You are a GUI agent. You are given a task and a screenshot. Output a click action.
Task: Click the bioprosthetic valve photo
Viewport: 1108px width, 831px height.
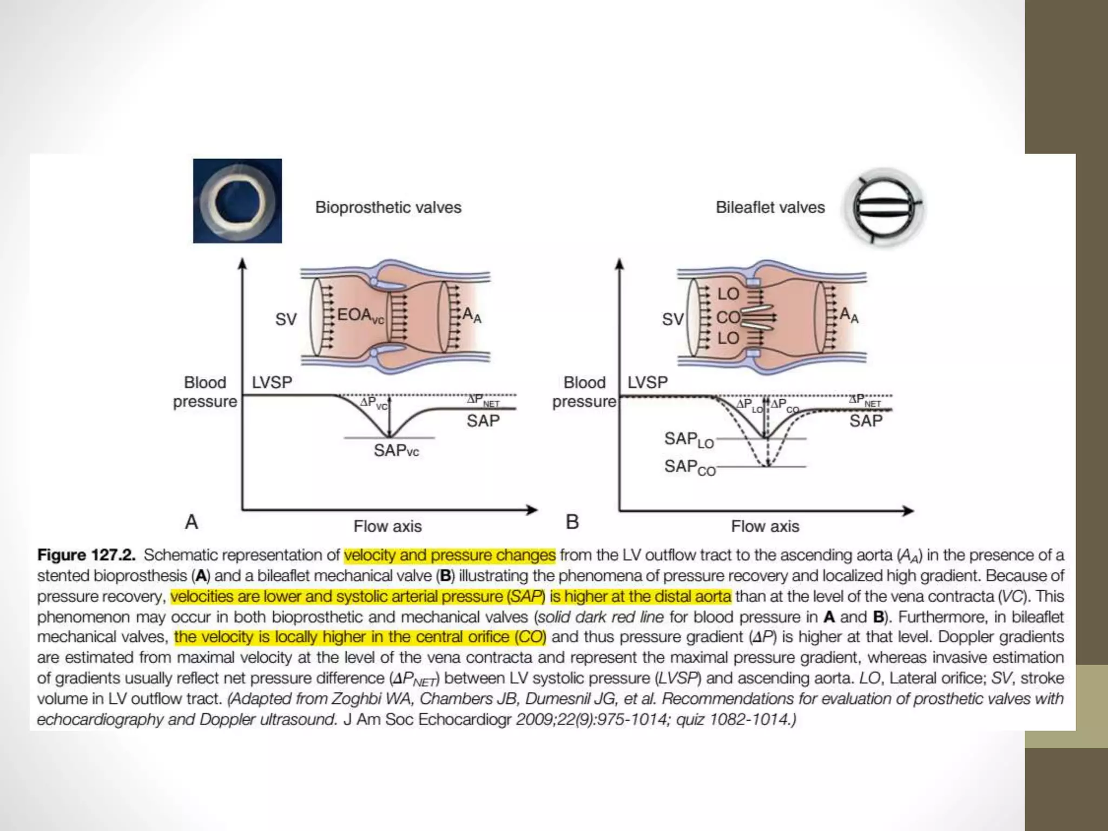(x=237, y=201)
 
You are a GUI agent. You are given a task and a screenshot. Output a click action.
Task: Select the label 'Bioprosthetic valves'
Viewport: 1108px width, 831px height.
(x=388, y=207)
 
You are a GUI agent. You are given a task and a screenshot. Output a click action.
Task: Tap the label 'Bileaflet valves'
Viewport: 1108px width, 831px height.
(x=770, y=207)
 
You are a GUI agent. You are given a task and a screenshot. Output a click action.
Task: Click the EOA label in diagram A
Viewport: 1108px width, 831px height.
(x=359, y=315)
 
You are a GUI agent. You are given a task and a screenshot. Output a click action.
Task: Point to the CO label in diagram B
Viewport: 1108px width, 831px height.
(x=728, y=317)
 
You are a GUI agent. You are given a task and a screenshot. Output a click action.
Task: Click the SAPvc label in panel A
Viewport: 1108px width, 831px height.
(x=396, y=450)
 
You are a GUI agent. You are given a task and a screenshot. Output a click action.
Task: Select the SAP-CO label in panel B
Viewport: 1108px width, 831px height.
(x=690, y=467)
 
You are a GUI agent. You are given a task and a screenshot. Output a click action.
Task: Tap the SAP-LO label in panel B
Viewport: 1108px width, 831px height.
(x=689, y=439)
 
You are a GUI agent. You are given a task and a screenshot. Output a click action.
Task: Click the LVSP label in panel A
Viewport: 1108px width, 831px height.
(x=272, y=382)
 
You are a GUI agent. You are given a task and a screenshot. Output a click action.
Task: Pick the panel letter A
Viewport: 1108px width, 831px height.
(x=192, y=522)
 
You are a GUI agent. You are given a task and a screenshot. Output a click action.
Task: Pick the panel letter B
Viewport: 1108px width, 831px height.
(x=572, y=522)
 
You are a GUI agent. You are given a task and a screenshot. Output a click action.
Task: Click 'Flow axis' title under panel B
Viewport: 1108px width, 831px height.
(x=765, y=526)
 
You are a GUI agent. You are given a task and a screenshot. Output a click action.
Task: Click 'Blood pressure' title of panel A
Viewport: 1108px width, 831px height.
(x=205, y=392)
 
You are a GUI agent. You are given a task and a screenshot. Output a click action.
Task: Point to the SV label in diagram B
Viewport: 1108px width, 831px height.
(x=672, y=319)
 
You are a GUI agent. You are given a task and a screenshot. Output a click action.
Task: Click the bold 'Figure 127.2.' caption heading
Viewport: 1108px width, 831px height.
(x=86, y=555)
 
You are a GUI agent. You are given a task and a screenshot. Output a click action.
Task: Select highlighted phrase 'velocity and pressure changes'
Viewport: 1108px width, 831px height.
(x=450, y=555)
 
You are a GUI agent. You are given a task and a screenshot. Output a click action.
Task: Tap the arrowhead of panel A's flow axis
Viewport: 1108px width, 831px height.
(x=533, y=510)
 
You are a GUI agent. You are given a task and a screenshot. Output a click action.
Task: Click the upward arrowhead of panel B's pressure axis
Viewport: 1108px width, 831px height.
(x=619, y=263)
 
